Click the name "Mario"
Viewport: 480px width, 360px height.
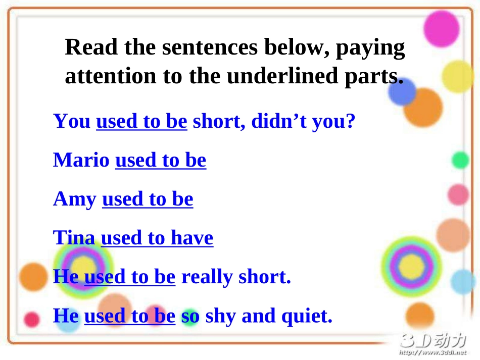point(81,160)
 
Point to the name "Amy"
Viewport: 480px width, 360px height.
point(75,199)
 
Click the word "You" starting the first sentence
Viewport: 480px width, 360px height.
point(72,121)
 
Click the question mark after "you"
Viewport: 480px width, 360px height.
point(351,121)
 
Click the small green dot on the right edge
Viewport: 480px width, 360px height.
point(460,160)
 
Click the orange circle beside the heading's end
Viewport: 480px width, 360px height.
point(422,107)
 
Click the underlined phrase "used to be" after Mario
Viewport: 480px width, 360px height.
point(161,160)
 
